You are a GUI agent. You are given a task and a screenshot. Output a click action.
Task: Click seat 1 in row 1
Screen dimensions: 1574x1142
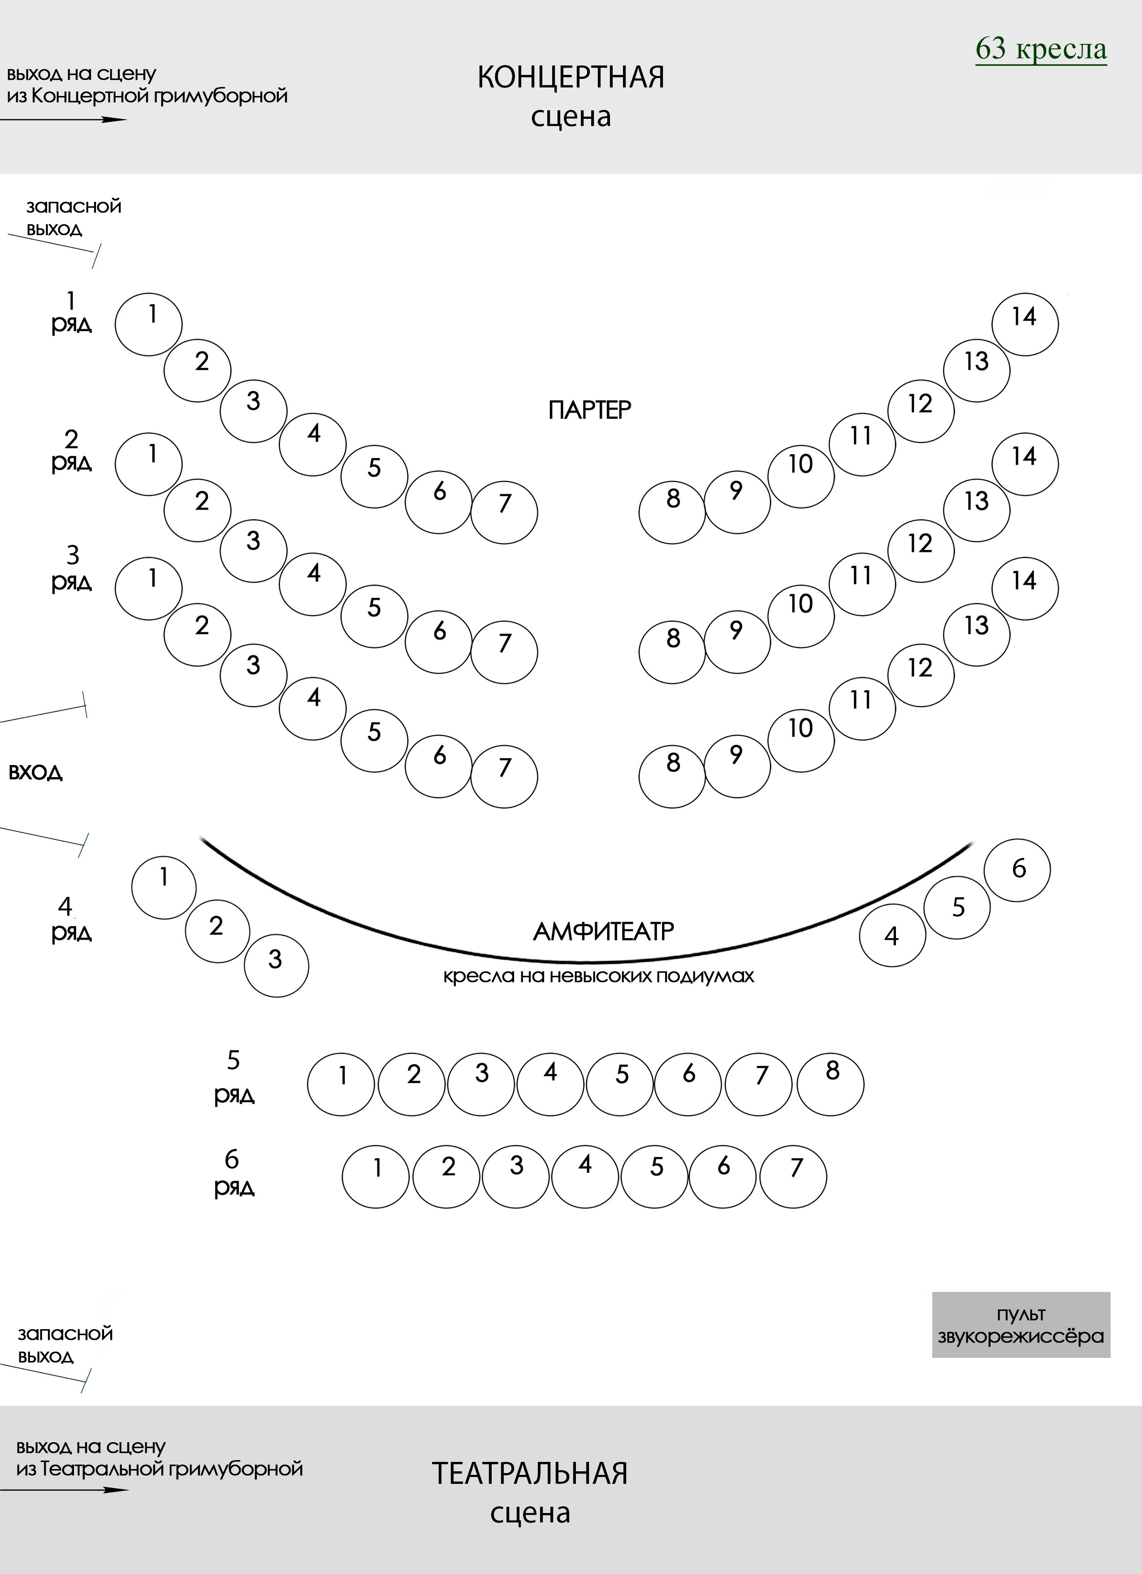point(148,324)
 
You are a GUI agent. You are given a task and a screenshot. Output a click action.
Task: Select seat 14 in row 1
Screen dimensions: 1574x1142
point(1025,324)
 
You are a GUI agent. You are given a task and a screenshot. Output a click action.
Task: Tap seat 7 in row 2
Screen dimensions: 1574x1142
point(504,652)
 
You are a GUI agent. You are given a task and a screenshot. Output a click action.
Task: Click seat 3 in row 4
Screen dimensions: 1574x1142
point(276,965)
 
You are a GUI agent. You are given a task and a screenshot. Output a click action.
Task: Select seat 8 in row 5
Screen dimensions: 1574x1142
point(831,1084)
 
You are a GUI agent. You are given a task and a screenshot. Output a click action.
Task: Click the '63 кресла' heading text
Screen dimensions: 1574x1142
point(1041,48)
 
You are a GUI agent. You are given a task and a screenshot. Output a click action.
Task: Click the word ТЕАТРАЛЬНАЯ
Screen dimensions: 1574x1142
point(530,1473)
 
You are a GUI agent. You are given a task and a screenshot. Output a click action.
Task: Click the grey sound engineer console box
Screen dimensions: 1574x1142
point(1021,1324)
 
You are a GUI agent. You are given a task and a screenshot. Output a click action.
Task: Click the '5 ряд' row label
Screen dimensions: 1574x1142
point(234,1078)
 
